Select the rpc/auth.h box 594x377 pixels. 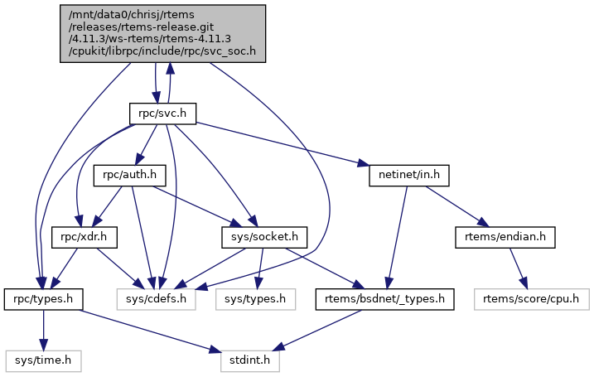(x=128, y=176)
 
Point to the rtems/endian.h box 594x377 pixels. (x=504, y=237)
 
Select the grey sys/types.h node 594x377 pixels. (x=255, y=298)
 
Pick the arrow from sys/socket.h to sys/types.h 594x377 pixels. (x=260, y=268)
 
